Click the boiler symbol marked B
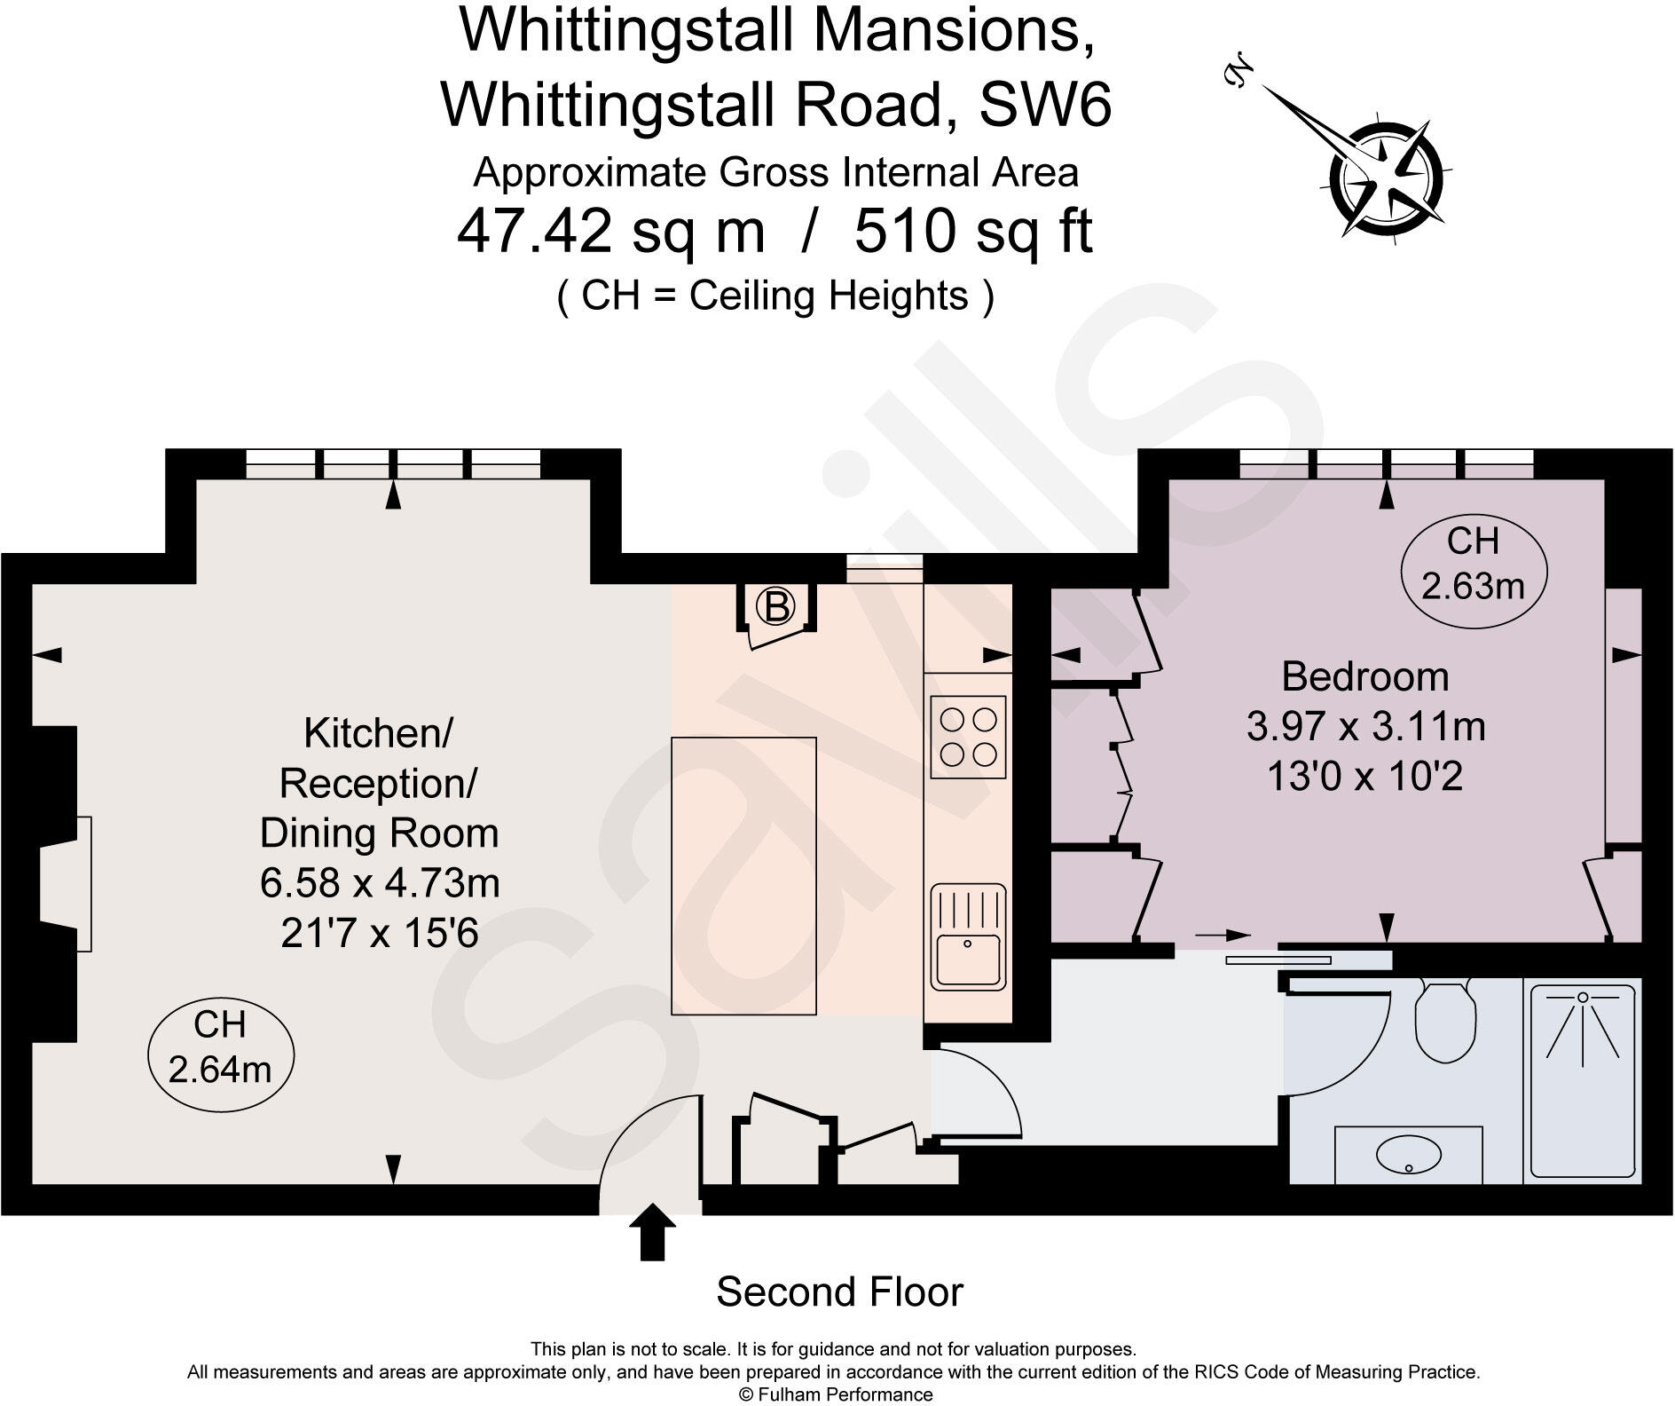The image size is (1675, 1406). (x=776, y=607)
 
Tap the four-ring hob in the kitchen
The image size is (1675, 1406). (x=968, y=736)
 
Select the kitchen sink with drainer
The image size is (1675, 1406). (x=968, y=936)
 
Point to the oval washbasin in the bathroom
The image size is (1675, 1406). (x=1408, y=1155)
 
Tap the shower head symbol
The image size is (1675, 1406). (x=1582, y=998)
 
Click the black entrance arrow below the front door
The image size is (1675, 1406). (x=652, y=1231)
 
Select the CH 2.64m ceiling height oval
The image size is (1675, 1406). (x=220, y=1047)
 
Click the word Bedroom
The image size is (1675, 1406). (x=1365, y=677)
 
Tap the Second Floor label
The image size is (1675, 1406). (x=839, y=1291)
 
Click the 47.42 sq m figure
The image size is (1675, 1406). (x=610, y=233)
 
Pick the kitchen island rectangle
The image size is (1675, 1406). (x=743, y=874)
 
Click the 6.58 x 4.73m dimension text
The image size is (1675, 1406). (x=380, y=883)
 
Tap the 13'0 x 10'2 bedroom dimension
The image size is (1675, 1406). (x=1365, y=777)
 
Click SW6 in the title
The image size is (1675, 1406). (x=1044, y=106)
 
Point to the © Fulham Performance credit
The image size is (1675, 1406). (x=836, y=1394)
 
